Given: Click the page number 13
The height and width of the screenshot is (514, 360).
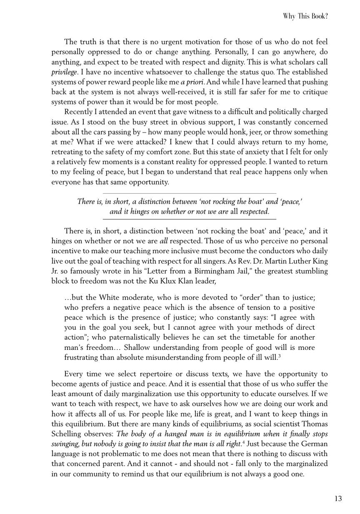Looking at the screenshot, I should (338, 499).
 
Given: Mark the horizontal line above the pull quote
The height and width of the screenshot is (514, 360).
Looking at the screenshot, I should (190, 193).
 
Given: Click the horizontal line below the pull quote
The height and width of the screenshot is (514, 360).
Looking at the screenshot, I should (190, 219).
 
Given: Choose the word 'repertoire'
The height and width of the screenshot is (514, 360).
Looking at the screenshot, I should (142, 374).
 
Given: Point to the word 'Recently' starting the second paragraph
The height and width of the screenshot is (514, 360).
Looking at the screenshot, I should (79, 112).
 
